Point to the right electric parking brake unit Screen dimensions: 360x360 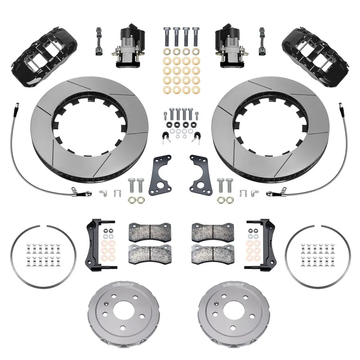click(229, 45)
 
